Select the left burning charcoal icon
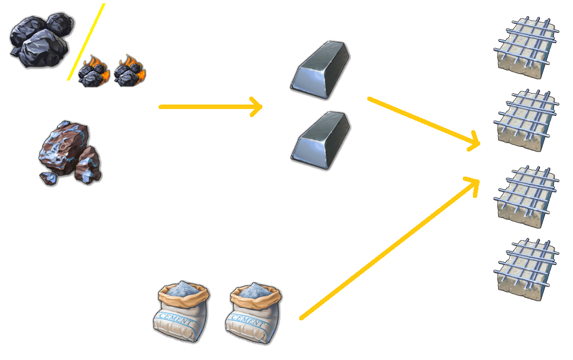[94, 72]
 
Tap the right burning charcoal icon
[130, 70]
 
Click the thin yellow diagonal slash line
[86, 42]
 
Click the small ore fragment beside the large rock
[48, 178]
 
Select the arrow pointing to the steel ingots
[211, 106]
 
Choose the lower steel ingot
[320, 140]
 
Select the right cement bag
[253, 313]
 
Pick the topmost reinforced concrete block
[526, 46]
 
